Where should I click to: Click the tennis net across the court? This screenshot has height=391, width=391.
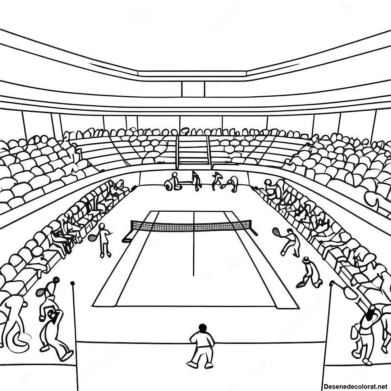(191, 226)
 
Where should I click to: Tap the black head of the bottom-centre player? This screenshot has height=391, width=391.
(202, 327)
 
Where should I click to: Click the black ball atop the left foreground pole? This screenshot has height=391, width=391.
(73, 283)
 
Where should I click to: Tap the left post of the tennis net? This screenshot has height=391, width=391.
(127, 236)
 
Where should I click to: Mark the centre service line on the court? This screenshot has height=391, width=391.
(193, 244)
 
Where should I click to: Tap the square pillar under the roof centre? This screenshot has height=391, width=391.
(193, 89)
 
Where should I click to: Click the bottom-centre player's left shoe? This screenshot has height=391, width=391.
(191, 364)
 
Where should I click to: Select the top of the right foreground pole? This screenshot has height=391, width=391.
(332, 283)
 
